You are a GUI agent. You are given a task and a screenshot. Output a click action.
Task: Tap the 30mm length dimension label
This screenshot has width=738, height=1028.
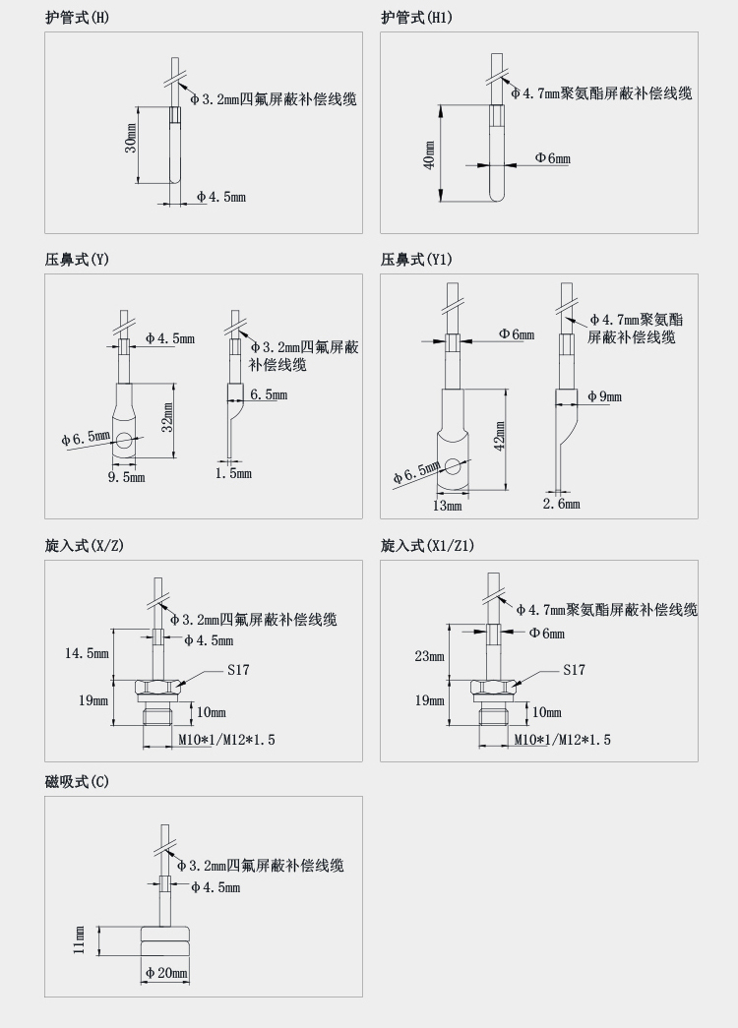coord(130,145)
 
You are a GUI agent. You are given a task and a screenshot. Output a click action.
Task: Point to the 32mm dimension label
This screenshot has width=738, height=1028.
coord(167,417)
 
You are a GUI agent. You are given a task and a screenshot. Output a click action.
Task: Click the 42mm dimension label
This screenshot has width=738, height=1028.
coord(500,436)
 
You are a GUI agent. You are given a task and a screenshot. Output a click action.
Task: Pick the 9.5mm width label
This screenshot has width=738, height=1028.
coord(126,478)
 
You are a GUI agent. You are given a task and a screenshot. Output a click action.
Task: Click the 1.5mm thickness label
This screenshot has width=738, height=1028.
coord(233,474)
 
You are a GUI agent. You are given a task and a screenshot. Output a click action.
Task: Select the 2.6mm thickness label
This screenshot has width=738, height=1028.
coord(562,505)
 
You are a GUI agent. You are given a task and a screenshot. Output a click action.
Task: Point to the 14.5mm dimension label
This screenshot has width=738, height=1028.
coord(87,653)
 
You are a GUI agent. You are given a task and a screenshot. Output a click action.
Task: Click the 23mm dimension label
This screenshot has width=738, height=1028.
coord(429,656)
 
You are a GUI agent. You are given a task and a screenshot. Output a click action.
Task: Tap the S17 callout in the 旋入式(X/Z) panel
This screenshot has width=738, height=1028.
coord(237,670)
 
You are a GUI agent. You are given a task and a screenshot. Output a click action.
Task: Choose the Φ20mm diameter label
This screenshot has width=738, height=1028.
coord(166,973)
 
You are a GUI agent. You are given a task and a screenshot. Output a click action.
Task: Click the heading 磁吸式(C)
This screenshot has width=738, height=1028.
coord(77,782)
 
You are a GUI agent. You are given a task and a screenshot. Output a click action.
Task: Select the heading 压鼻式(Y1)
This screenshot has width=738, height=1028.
coord(417,260)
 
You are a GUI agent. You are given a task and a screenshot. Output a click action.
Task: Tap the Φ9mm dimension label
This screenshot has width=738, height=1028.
coord(604,396)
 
